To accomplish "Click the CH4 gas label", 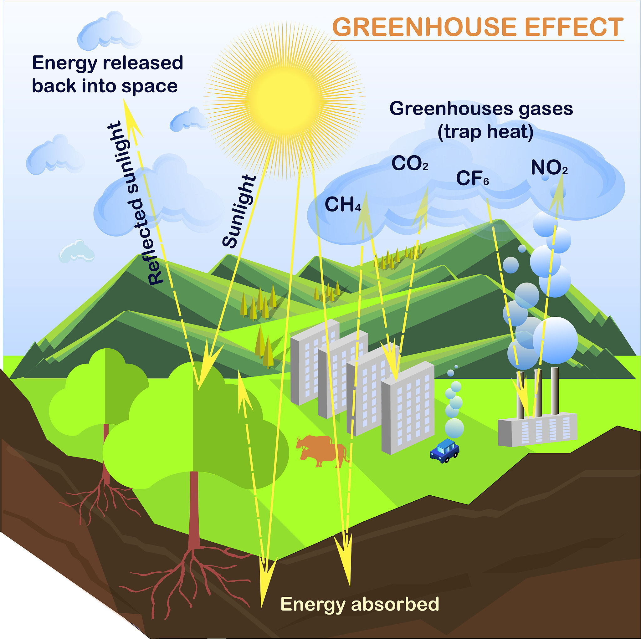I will pos(342,204).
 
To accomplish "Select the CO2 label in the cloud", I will pos(409,164).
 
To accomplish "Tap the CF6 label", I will pos(472,178).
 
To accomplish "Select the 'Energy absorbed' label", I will pos(360,604).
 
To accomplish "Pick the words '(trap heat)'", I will pos(485,132).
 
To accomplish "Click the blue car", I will pos(444,451).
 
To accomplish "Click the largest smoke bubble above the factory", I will pos(555,340).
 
